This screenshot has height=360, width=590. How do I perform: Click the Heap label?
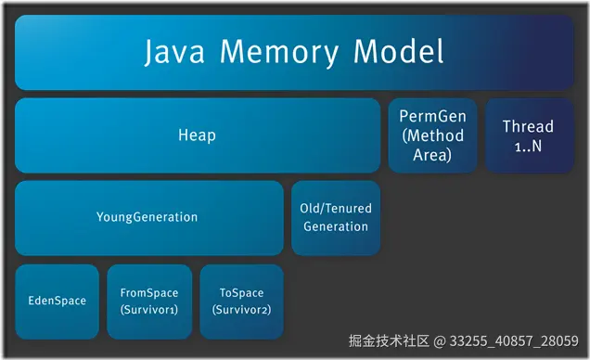coord(197,135)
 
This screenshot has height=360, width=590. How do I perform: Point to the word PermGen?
coord(432,117)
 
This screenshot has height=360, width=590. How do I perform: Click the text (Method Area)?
coord(432,146)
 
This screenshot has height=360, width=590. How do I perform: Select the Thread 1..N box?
coord(528,135)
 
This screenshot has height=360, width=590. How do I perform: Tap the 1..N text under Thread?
coord(528,145)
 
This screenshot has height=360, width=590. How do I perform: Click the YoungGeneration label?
coord(147,217)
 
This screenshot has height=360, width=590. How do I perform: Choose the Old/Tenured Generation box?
coord(336,218)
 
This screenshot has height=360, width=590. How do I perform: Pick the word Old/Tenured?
coord(336,209)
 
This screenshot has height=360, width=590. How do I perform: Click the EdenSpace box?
coord(57,301)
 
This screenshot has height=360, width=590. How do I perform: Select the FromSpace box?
coord(149,301)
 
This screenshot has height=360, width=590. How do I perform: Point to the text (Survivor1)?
coord(149,309)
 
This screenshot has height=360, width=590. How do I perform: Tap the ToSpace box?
coord(241,301)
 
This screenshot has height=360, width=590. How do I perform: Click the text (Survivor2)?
coord(241,309)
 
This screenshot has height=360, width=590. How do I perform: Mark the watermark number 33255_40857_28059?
coord(515,341)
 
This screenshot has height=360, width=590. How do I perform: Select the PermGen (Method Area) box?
coord(432,135)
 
